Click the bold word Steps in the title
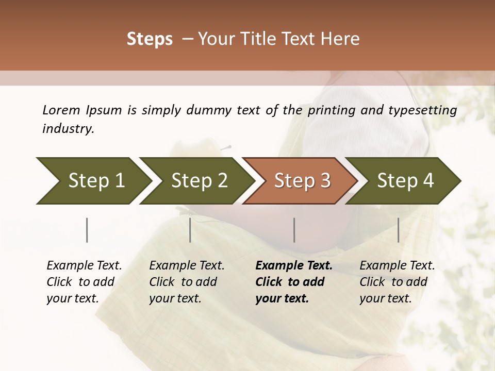coord(150,39)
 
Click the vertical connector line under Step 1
coord(87,230)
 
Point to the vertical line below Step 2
coord(190,230)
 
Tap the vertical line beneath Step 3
coord(294,230)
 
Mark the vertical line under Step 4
coord(398,230)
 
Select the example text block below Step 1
coord(84,282)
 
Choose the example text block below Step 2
coord(187,282)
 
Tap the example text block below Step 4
coord(397,282)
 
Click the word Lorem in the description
coord(61,110)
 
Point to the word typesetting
coord(427,110)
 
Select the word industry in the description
coord(68,129)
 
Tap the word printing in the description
coord(330,110)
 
